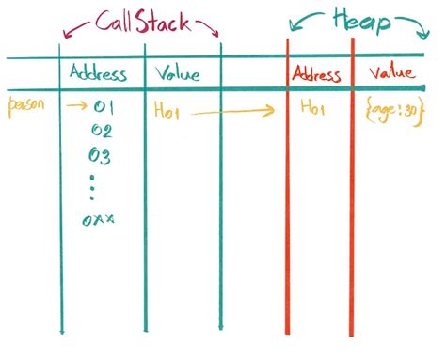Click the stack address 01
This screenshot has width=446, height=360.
click(104, 108)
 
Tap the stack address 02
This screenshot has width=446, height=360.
click(103, 131)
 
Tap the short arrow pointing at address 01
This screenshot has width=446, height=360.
click(75, 107)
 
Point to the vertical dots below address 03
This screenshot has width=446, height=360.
click(93, 186)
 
